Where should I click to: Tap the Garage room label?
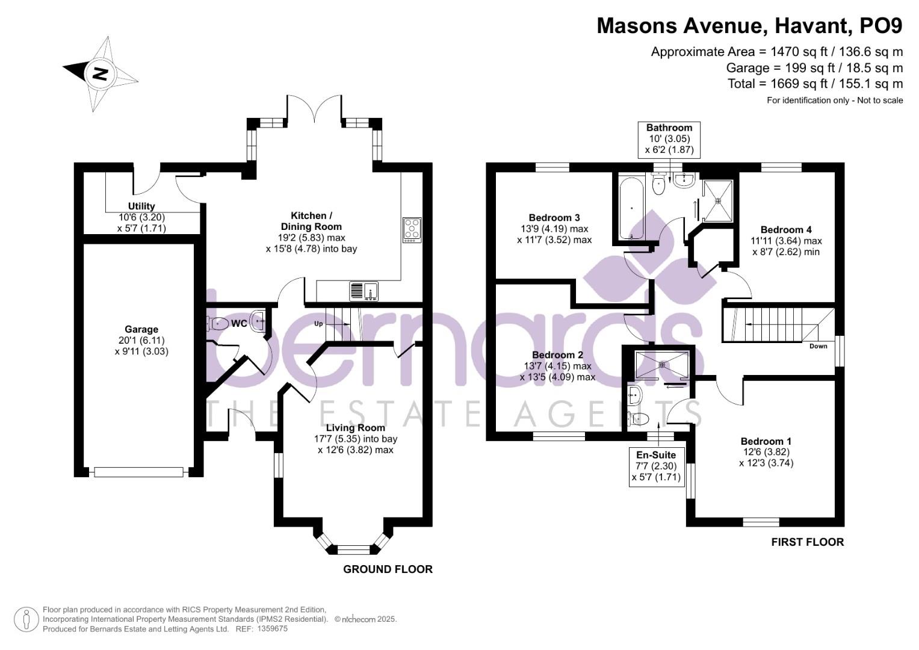[x=141, y=329]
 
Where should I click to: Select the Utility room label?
[x=141, y=206]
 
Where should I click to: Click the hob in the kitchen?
[x=412, y=230]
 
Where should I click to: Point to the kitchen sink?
[x=364, y=291]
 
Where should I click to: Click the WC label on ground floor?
[x=239, y=324]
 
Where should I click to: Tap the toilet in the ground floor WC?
[x=217, y=323]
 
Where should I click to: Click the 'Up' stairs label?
[x=319, y=324]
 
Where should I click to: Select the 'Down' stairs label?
[x=818, y=346]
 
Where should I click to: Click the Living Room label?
[x=355, y=428]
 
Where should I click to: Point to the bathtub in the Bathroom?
[x=631, y=208]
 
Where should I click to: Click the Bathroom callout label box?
[x=669, y=139]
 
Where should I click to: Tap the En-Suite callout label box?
[x=656, y=466]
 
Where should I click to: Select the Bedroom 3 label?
[x=554, y=218]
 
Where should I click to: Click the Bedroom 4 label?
[x=786, y=230]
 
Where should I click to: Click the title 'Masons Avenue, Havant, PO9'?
[x=749, y=26]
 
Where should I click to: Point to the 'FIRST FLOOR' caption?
[x=807, y=542]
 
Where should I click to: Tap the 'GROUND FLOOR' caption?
[x=388, y=569]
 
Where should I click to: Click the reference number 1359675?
[x=272, y=629]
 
